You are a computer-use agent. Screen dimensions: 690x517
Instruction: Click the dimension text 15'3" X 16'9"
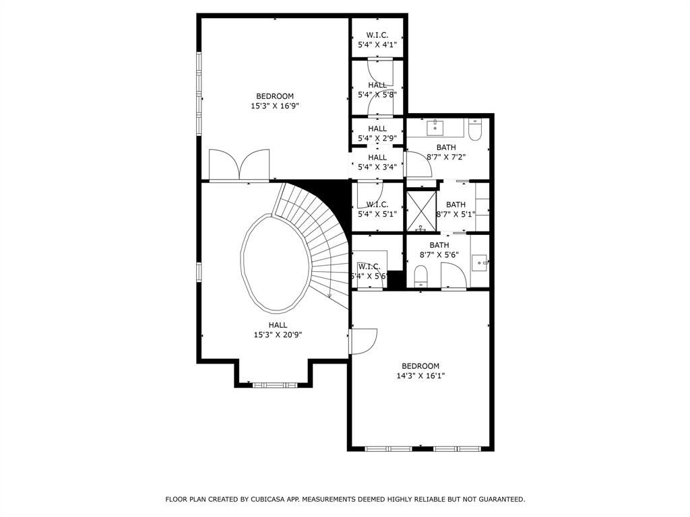275,106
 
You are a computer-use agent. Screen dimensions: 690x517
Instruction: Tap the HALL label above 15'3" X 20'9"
278,325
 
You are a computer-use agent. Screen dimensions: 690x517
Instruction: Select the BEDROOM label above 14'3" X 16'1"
420,366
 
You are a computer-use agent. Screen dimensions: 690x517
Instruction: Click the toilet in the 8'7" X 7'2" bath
475,129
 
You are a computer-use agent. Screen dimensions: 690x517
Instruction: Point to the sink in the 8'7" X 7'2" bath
435,127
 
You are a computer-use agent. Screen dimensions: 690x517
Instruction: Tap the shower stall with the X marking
421,211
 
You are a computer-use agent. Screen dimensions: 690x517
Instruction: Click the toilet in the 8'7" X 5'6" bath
421,276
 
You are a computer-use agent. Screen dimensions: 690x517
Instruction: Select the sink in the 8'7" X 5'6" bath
480,263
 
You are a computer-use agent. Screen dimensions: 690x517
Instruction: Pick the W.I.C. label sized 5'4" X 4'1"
377,35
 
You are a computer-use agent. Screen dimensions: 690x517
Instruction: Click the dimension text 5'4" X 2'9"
377,139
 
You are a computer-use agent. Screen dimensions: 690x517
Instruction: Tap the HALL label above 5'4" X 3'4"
377,158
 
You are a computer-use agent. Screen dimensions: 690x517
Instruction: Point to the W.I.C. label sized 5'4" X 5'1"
377,205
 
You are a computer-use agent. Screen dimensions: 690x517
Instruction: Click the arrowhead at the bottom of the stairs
329,296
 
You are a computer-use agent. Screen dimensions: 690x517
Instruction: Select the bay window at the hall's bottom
275,385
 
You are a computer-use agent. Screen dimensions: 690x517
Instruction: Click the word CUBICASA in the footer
267,499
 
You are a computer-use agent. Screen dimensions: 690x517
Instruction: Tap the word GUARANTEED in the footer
501,499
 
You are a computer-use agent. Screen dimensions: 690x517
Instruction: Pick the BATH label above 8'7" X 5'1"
456,205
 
